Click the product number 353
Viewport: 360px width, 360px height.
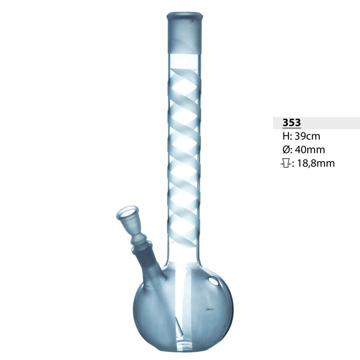coord(291,123)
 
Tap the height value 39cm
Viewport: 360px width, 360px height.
coord(307,136)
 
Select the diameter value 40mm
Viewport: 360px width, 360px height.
coord(310,150)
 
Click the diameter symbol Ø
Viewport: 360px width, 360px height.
coord(286,150)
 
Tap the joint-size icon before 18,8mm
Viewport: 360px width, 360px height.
coord(286,164)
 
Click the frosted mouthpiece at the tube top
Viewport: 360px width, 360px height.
coord(185,36)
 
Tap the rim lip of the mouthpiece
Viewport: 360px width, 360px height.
coord(185,16)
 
